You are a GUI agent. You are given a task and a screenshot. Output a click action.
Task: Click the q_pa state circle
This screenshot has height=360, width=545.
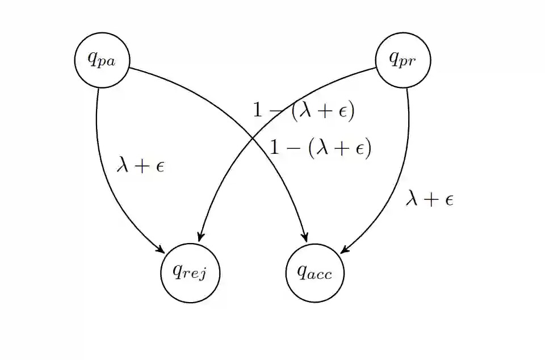click(x=102, y=60)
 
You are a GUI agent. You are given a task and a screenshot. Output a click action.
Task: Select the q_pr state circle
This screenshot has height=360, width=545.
click(x=403, y=60)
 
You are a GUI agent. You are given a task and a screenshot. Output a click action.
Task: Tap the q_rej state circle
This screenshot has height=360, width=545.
click(x=190, y=273)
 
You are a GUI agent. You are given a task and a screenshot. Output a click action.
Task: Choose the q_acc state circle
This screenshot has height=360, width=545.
click(x=315, y=273)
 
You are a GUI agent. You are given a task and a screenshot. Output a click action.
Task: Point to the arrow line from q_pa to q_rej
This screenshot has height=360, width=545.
click(x=105, y=170)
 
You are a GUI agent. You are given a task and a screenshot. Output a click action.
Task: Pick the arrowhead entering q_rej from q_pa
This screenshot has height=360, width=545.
click(x=161, y=250)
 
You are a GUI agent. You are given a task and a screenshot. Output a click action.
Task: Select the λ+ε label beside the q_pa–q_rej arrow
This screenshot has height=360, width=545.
click(x=140, y=165)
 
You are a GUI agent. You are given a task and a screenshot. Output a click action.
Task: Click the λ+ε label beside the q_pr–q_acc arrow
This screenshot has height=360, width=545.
click(x=430, y=199)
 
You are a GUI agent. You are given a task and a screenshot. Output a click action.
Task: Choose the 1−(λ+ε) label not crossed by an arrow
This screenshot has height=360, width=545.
click(x=320, y=148)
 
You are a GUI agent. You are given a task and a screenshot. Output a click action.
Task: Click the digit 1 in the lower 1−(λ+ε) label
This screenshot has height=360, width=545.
click(x=275, y=148)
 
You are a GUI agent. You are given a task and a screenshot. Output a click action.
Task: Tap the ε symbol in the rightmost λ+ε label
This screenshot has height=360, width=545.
click(x=448, y=199)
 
